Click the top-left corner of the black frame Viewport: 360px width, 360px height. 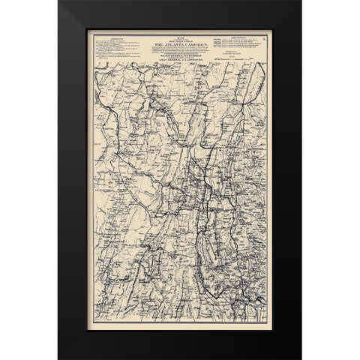59,2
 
